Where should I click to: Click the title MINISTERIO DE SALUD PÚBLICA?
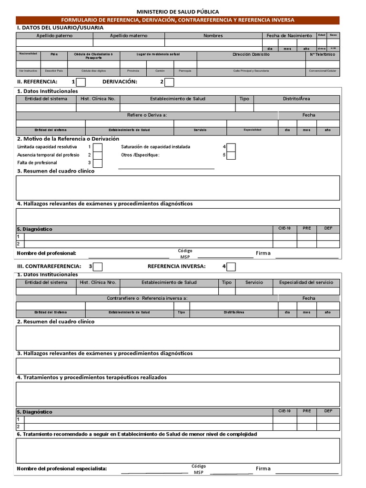[x=178, y=11]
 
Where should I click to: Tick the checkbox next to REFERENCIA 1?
[x=81, y=82]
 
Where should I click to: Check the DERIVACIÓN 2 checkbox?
[x=169, y=82]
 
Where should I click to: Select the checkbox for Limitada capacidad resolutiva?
[x=97, y=147]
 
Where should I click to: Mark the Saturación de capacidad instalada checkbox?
[x=231, y=147]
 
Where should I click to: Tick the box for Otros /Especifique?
[x=231, y=155]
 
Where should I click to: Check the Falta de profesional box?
[x=97, y=163]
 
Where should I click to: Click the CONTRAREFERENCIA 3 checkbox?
[x=97, y=266]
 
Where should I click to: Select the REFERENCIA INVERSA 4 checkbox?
[x=231, y=266]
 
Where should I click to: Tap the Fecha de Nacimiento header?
[x=289, y=36]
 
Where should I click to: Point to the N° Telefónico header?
[x=322, y=54]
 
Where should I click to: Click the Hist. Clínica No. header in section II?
[x=98, y=99]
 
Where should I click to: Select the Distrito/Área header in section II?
[x=296, y=99]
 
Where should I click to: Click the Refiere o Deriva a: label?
[x=147, y=115]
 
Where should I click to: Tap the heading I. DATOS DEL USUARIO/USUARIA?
[x=60, y=28]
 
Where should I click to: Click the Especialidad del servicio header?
[x=306, y=282]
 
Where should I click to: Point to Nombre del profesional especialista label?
[x=62, y=468]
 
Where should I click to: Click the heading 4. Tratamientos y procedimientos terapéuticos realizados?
[x=92, y=377]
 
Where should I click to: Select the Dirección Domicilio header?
[x=251, y=54]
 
